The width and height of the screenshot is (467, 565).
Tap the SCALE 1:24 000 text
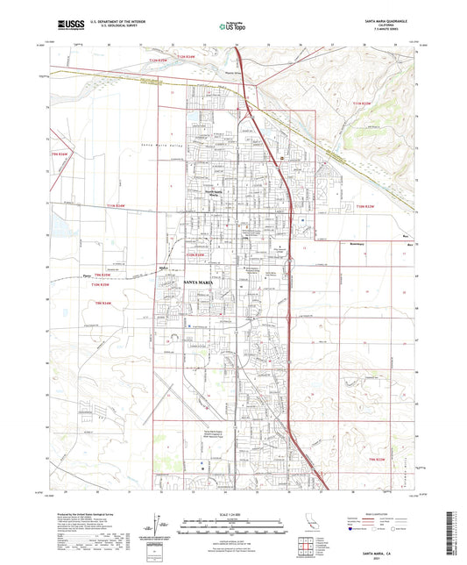pyautogui.click(x=233, y=513)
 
